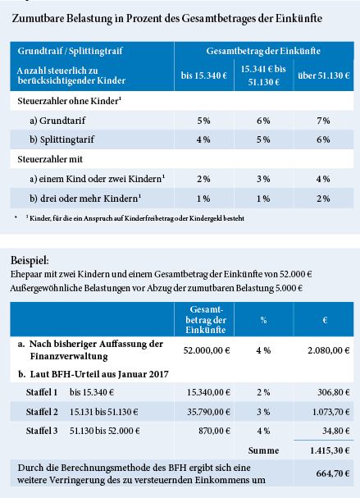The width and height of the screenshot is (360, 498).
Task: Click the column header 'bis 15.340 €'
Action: (x=204, y=75)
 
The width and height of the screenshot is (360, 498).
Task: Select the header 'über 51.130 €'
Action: (x=324, y=75)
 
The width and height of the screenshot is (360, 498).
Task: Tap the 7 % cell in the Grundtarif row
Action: (x=323, y=121)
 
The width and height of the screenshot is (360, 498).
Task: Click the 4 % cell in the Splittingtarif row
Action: (x=203, y=139)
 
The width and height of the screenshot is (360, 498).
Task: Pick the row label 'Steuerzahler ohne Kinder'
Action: (x=70, y=101)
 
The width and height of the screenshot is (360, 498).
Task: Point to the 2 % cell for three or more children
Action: (x=323, y=199)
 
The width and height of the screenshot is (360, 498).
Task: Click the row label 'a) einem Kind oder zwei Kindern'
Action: (x=97, y=179)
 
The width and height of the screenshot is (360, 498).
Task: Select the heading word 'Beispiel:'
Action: (x=30, y=261)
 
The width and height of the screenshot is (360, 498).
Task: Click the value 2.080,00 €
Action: (x=329, y=350)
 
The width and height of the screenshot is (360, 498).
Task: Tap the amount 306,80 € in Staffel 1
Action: (x=334, y=392)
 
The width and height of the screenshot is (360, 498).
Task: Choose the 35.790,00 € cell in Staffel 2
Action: (x=208, y=412)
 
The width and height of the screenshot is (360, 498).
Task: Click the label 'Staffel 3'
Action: (x=42, y=431)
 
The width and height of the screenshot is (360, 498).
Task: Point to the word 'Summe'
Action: (x=263, y=450)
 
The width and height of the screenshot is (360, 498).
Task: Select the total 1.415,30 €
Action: (x=330, y=450)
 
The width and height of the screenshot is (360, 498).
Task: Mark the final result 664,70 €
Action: (x=333, y=473)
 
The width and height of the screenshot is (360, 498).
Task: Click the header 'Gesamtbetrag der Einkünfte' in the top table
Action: (x=263, y=51)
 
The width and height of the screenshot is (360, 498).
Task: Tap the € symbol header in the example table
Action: (x=325, y=320)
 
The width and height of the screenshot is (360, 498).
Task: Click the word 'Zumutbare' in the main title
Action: (x=38, y=18)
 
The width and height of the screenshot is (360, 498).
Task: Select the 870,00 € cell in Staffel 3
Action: (x=214, y=431)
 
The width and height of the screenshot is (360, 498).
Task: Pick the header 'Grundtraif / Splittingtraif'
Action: (x=71, y=51)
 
